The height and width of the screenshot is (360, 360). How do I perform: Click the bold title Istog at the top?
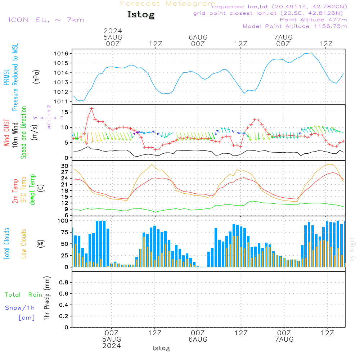[x=141, y=15]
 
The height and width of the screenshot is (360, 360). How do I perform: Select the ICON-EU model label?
[x=46, y=20]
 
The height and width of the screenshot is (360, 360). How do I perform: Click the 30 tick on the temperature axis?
[x=65, y=166]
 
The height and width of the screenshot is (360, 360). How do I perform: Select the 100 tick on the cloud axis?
[x=63, y=220]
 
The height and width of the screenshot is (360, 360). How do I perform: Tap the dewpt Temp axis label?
[x=32, y=190]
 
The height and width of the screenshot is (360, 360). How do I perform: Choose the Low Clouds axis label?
[x=24, y=244]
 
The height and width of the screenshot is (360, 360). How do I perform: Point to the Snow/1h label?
[x=20, y=308]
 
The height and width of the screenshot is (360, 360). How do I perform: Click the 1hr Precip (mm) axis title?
[x=47, y=299]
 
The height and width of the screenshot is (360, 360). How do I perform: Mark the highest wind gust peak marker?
[x=91, y=108]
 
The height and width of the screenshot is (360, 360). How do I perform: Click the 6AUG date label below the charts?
[x=198, y=339]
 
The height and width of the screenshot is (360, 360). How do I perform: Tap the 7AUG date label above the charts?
[x=283, y=37]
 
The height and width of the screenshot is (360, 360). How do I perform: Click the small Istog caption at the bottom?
[x=161, y=348]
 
